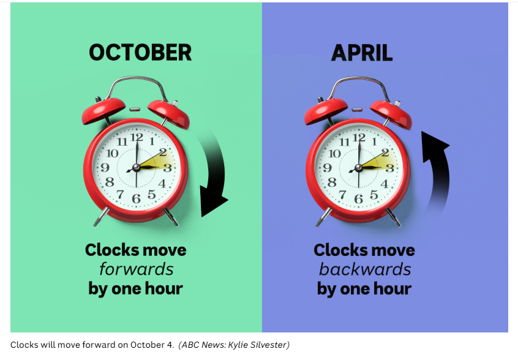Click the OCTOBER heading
coord(140,53)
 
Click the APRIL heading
coord(362,53)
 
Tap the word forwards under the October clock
coord(136,269)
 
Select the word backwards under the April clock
coord(365,269)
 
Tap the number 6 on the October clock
coord(136,198)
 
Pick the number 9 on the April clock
coord(327,168)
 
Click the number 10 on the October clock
coord(112,153)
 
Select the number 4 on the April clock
coord(384,184)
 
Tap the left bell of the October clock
coord(103,110)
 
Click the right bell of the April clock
coord(391,114)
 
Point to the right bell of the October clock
coord(169,114)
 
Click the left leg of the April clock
coord(323,217)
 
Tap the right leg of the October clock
coord(171,217)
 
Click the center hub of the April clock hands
coord(358,168)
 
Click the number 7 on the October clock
coord(120,194)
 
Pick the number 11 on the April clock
coord(344,142)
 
